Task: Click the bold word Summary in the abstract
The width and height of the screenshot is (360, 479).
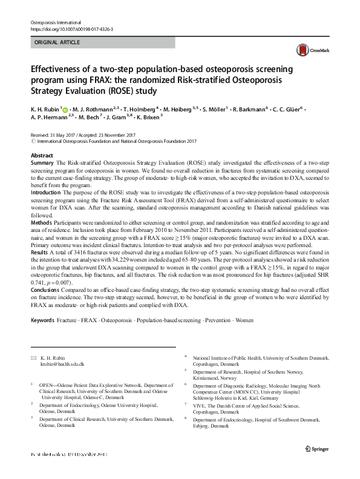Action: tap(42, 164)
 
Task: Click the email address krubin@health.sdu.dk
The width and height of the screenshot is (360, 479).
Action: tap(62, 365)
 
